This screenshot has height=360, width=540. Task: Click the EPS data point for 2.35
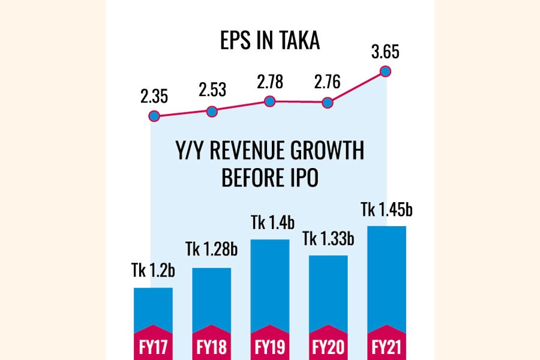click(x=154, y=116)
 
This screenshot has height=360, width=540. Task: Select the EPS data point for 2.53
click(x=212, y=111)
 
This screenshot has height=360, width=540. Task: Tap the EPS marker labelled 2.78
click(x=270, y=101)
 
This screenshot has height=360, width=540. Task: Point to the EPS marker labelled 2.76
click(x=328, y=103)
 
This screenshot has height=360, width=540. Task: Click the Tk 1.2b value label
click(x=153, y=271)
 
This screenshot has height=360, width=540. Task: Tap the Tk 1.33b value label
click(x=328, y=239)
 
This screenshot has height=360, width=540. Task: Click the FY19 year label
click(x=270, y=347)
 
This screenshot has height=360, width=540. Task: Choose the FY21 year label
click(x=386, y=347)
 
